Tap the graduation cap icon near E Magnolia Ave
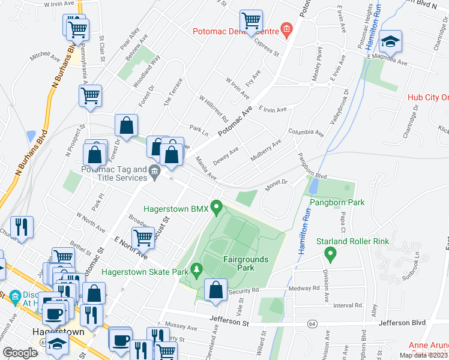(x=391, y=41)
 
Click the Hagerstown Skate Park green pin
(x=194, y=271)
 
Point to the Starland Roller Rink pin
(x=329, y=255)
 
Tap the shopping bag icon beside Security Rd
(x=215, y=290)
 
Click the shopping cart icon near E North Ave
(x=142, y=238)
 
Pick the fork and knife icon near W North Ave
(x=22, y=227)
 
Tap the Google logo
(x=20, y=352)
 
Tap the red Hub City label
(x=427, y=97)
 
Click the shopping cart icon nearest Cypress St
(x=250, y=20)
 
